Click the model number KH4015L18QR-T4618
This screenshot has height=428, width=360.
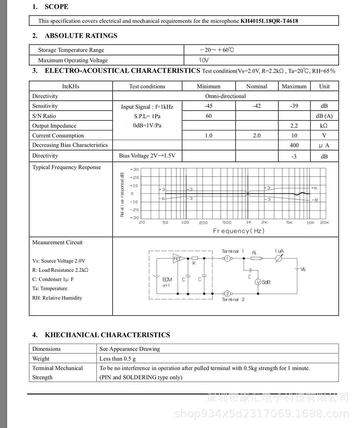coord(269,21)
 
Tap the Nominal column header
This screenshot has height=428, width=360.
coord(256,86)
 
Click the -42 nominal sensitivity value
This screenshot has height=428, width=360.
coord(256,106)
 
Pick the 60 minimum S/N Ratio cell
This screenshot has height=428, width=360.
coord(209,116)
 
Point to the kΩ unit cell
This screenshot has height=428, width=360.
coord(324,126)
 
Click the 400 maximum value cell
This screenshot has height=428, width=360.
coord(294,145)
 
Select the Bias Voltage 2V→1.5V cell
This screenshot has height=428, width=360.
coord(147,156)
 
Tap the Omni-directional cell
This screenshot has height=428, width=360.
coord(225,96)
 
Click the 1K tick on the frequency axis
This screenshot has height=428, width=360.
coord(249,222)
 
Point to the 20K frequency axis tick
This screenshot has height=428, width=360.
coord(324,222)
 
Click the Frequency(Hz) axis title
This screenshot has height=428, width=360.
coord(239,231)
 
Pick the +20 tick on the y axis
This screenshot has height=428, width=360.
coord(134,177)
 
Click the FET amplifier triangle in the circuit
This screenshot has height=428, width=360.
coord(178,258)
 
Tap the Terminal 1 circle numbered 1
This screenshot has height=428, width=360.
coord(227,258)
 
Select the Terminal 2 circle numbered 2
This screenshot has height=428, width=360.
coord(227,294)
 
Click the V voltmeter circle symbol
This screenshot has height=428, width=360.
coord(258,282)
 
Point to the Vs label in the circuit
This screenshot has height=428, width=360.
coord(303,269)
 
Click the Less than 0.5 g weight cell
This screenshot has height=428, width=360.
coord(117,359)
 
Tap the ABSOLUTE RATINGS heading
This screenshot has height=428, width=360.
coord(81,36)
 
